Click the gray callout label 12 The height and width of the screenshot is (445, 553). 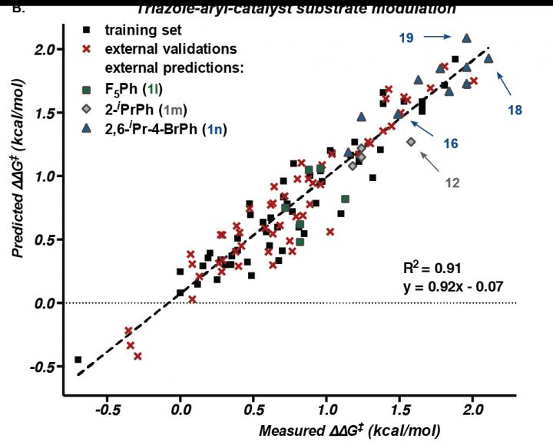click(454, 183)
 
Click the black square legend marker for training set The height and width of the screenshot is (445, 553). click(88, 31)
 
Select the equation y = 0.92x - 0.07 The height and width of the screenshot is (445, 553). click(447, 288)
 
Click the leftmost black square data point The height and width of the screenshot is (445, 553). click(78, 359)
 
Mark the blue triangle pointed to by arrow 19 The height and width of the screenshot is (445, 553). click(466, 38)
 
